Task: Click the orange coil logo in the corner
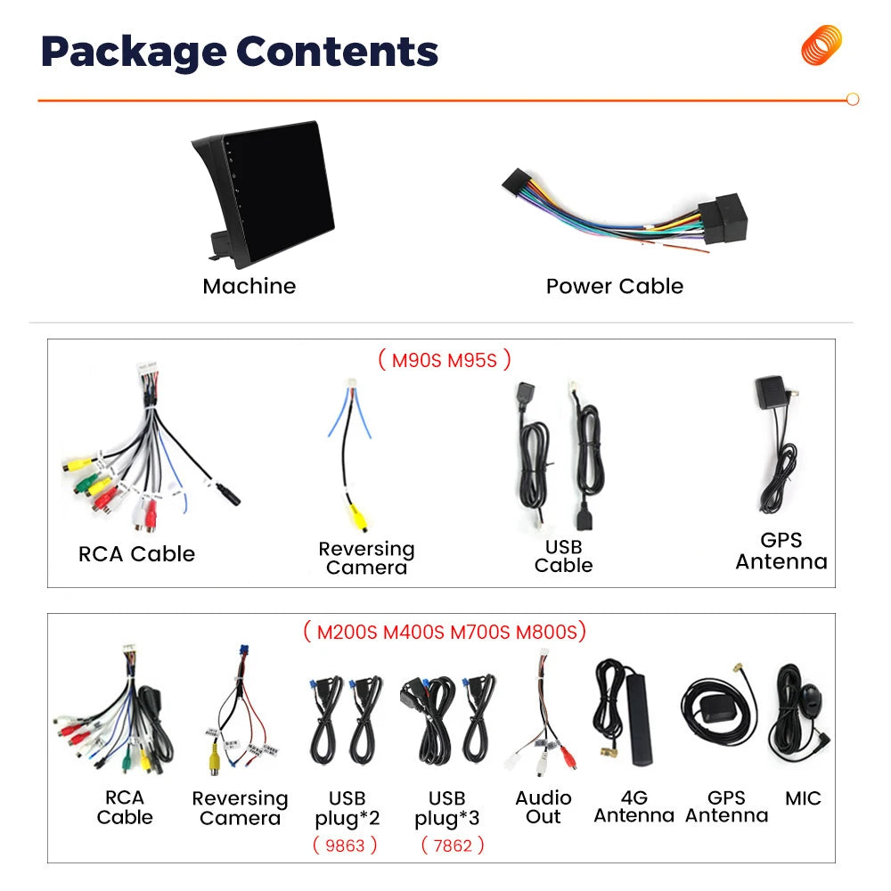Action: pos(822,45)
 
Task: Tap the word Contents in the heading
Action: pos(337,52)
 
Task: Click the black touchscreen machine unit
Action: pos(264,194)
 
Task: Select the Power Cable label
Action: pos(614,286)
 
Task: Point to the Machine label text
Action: pos(249,286)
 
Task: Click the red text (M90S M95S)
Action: pos(445,360)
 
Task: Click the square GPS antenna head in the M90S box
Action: pos(770,391)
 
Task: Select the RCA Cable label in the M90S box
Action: pos(136,554)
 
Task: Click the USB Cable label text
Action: pos(563,556)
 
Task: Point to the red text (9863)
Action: pos(345,846)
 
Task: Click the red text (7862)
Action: pos(453,846)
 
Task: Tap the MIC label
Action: pos(803,798)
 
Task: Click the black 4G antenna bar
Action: pos(639,718)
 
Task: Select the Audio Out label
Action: pos(544,807)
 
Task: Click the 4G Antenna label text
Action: pos(634,806)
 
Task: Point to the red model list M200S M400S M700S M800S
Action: pos(445,632)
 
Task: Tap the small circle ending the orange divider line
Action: pos(853,100)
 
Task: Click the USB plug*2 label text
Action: pos(347,808)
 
